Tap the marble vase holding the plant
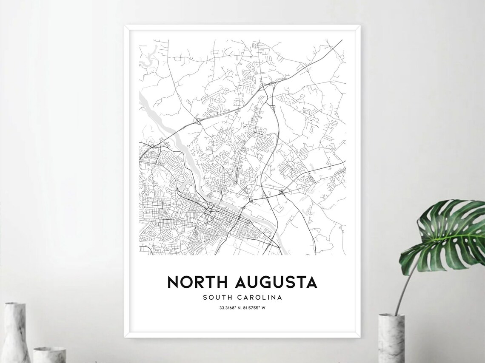(x=391, y=338)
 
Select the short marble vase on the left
(x=49, y=354)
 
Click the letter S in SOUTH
(x=205, y=298)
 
